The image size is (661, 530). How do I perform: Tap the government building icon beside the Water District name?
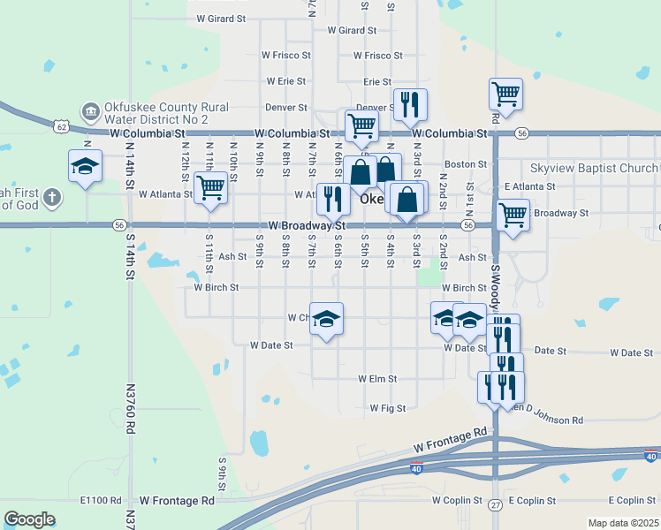[x=90, y=112]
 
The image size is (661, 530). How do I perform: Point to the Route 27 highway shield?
[x=496, y=504]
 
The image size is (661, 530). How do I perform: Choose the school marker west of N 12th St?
[x=86, y=166]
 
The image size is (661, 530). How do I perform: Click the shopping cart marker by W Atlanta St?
[x=210, y=187]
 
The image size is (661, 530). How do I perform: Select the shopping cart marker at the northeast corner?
[x=505, y=93]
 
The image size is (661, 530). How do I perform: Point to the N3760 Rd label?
[x=130, y=407]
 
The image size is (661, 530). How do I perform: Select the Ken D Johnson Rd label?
[x=544, y=420]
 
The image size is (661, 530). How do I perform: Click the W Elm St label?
[x=377, y=378]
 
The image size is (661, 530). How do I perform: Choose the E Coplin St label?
[x=531, y=500]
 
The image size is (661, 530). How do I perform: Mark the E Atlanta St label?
[x=529, y=186]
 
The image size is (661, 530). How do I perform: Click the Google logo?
[x=29, y=519]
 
